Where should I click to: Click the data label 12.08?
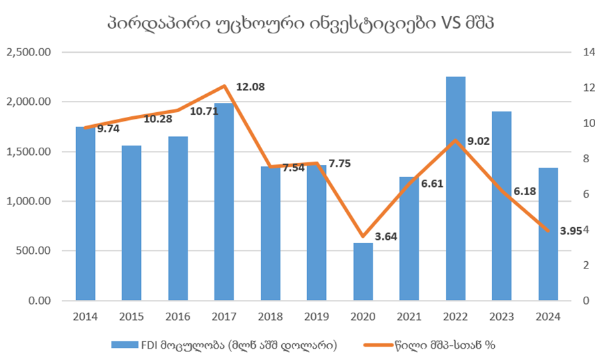(251, 87)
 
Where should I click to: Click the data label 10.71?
(202, 111)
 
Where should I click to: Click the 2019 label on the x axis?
(317, 317)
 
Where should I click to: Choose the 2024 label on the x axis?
(548, 317)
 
